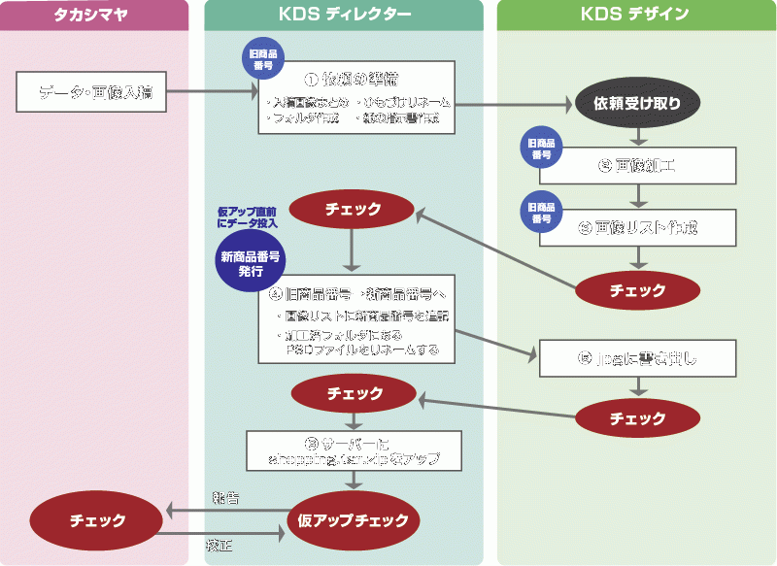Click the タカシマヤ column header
pos(94,15)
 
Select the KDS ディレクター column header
pos(344,15)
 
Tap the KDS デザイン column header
pos(635,15)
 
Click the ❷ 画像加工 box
pos(651,165)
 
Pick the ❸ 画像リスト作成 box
pos(651,228)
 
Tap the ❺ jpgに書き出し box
pos(651,358)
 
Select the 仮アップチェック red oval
pos(355,519)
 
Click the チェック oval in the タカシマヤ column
pos(98,520)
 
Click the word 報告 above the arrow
pos(225,497)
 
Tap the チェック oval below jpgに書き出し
pos(637,418)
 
